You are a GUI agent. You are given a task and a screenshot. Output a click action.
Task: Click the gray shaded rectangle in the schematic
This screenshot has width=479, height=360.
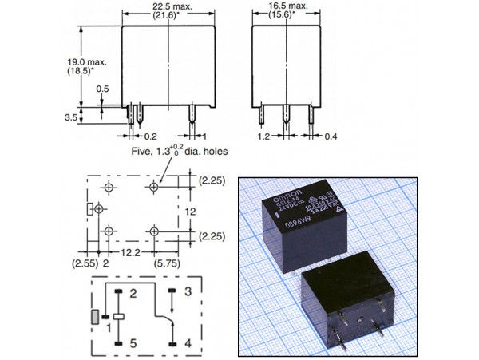[x=95, y=317]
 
